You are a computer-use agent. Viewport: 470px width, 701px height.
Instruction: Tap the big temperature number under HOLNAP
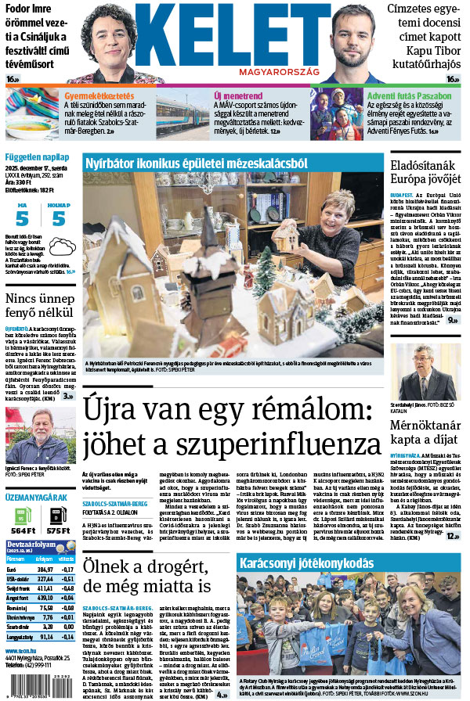coord(59,219)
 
